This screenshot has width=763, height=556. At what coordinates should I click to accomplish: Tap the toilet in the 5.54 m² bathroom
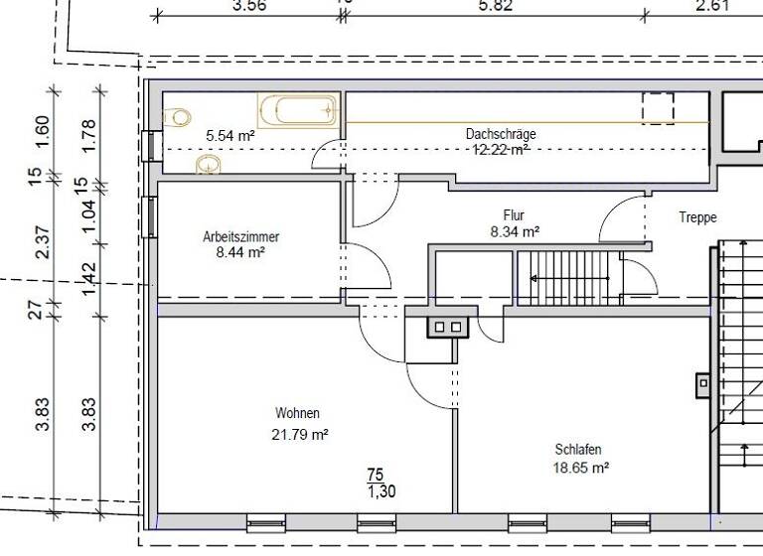178,117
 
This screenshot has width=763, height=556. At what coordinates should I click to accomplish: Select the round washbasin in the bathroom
209,163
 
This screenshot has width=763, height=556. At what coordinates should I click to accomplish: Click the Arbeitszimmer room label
240,237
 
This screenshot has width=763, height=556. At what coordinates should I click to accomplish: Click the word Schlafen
578,449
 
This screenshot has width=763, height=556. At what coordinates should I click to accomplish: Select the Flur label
514,215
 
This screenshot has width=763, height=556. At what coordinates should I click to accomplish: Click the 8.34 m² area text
515,231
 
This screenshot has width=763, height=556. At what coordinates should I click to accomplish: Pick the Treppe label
697,216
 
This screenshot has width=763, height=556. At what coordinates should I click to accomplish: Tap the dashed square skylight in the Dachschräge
658,108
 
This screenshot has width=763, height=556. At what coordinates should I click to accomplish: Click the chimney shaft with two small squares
447,326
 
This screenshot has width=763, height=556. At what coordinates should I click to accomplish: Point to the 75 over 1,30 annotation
375,483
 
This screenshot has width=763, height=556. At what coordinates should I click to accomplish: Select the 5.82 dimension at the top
495,6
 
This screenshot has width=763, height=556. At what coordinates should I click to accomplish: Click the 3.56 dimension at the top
248,6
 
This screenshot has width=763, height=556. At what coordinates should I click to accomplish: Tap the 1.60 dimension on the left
42,129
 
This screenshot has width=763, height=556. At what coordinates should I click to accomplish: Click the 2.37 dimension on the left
42,242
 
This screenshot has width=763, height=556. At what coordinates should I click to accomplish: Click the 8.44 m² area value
240,252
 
